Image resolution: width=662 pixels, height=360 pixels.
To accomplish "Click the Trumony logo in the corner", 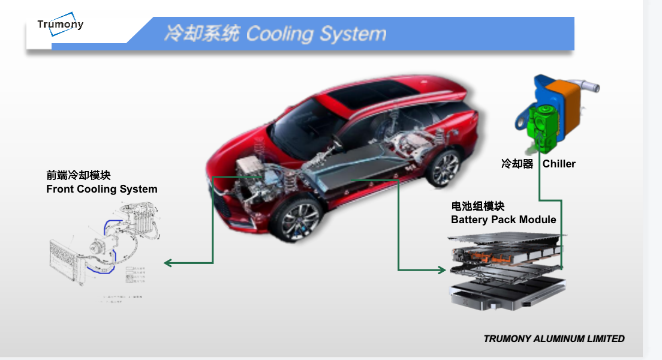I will pos(60,25).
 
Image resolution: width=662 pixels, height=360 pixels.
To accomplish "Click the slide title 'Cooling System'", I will pos(316,34).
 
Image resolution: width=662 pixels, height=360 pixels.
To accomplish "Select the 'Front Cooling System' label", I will pos(102,189).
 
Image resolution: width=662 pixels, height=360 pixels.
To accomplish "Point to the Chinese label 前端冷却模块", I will pos(79,175).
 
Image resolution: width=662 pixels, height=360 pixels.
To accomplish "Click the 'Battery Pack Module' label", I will pos(503,220).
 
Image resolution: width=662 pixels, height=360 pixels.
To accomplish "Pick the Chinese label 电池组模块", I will pos(478,206).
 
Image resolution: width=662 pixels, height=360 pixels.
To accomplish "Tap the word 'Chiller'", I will pos(559,164).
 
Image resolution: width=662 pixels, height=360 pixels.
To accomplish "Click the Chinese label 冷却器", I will pos(517,164).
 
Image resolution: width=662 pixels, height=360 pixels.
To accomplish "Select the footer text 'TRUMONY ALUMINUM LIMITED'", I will pos(553,338).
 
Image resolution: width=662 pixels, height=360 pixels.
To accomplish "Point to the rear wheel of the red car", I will pos(444,166).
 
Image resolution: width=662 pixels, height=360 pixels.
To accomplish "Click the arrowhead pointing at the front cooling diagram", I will pos(168,263).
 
